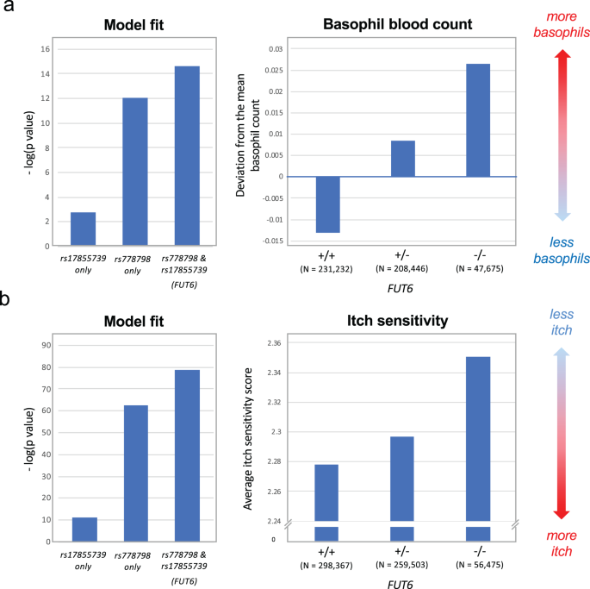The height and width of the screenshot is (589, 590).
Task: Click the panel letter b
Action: pyautogui.click(x=9, y=298)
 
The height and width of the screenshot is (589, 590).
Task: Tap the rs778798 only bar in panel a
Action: pyautogui.click(x=134, y=172)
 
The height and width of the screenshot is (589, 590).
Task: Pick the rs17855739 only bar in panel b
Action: pyautogui.click(x=83, y=529)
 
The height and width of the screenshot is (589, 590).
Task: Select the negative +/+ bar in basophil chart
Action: pyautogui.click(x=327, y=204)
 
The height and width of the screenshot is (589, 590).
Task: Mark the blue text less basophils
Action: pyautogui.click(x=560, y=250)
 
